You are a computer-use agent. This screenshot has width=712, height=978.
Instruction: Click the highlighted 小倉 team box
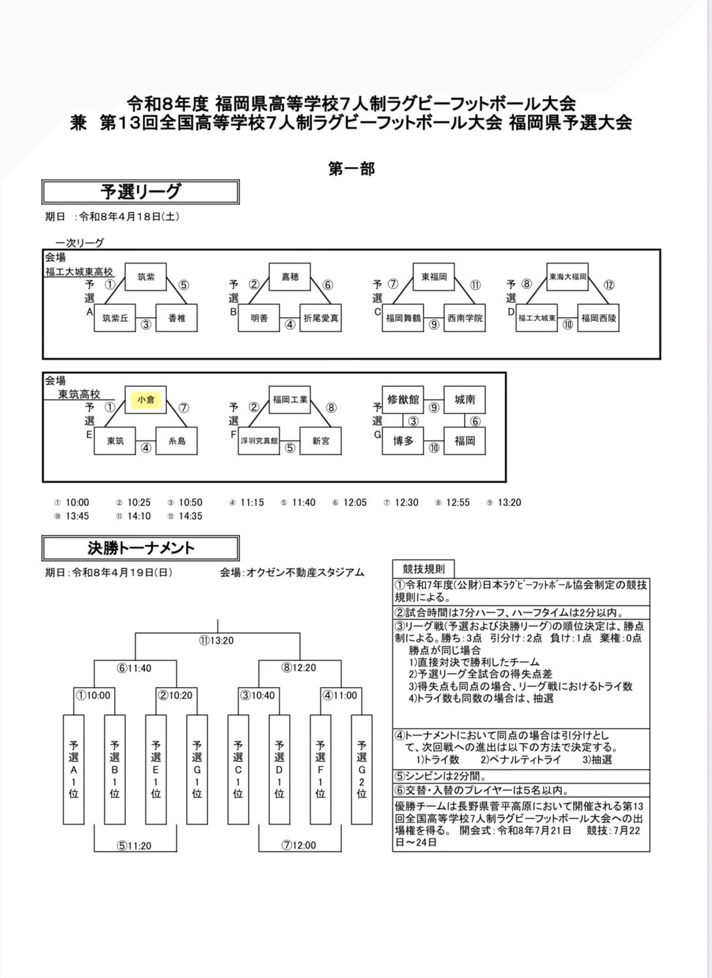(x=146, y=399)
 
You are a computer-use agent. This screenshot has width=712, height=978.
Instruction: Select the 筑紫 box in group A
(x=146, y=277)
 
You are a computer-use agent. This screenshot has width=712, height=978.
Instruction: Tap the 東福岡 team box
(x=434, y=277)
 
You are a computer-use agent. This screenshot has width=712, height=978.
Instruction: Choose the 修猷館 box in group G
(x=403, y=399)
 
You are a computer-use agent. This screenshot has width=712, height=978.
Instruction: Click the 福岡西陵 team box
(x=598, y=318)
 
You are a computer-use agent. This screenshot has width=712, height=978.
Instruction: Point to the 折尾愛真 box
(x=320, y=318)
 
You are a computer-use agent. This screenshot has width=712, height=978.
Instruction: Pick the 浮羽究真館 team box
(x=259, y=441)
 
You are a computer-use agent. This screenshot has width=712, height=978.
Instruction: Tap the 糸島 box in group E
(x=177, y=441)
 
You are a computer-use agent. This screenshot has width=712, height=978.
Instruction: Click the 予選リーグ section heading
(x=140, y=192)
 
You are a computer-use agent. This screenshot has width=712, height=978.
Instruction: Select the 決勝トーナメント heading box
(x=140, y=548)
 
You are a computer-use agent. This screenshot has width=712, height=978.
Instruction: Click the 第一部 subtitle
(x=351, y=169)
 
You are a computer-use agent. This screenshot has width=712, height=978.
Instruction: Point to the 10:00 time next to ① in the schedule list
(x=77, y=502)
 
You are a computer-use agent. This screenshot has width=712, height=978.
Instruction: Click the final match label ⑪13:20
(x=217, y=640)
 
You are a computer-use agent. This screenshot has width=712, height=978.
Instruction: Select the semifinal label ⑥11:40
(x=134, y=668)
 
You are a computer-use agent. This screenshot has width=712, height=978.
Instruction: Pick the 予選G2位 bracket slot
(x=362, y=769)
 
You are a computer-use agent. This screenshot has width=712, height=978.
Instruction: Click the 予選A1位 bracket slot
(x=74, y=769)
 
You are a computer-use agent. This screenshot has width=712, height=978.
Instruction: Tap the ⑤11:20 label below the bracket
(x=134, y=846)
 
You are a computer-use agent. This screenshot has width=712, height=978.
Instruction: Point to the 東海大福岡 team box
(x=568, y=277)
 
